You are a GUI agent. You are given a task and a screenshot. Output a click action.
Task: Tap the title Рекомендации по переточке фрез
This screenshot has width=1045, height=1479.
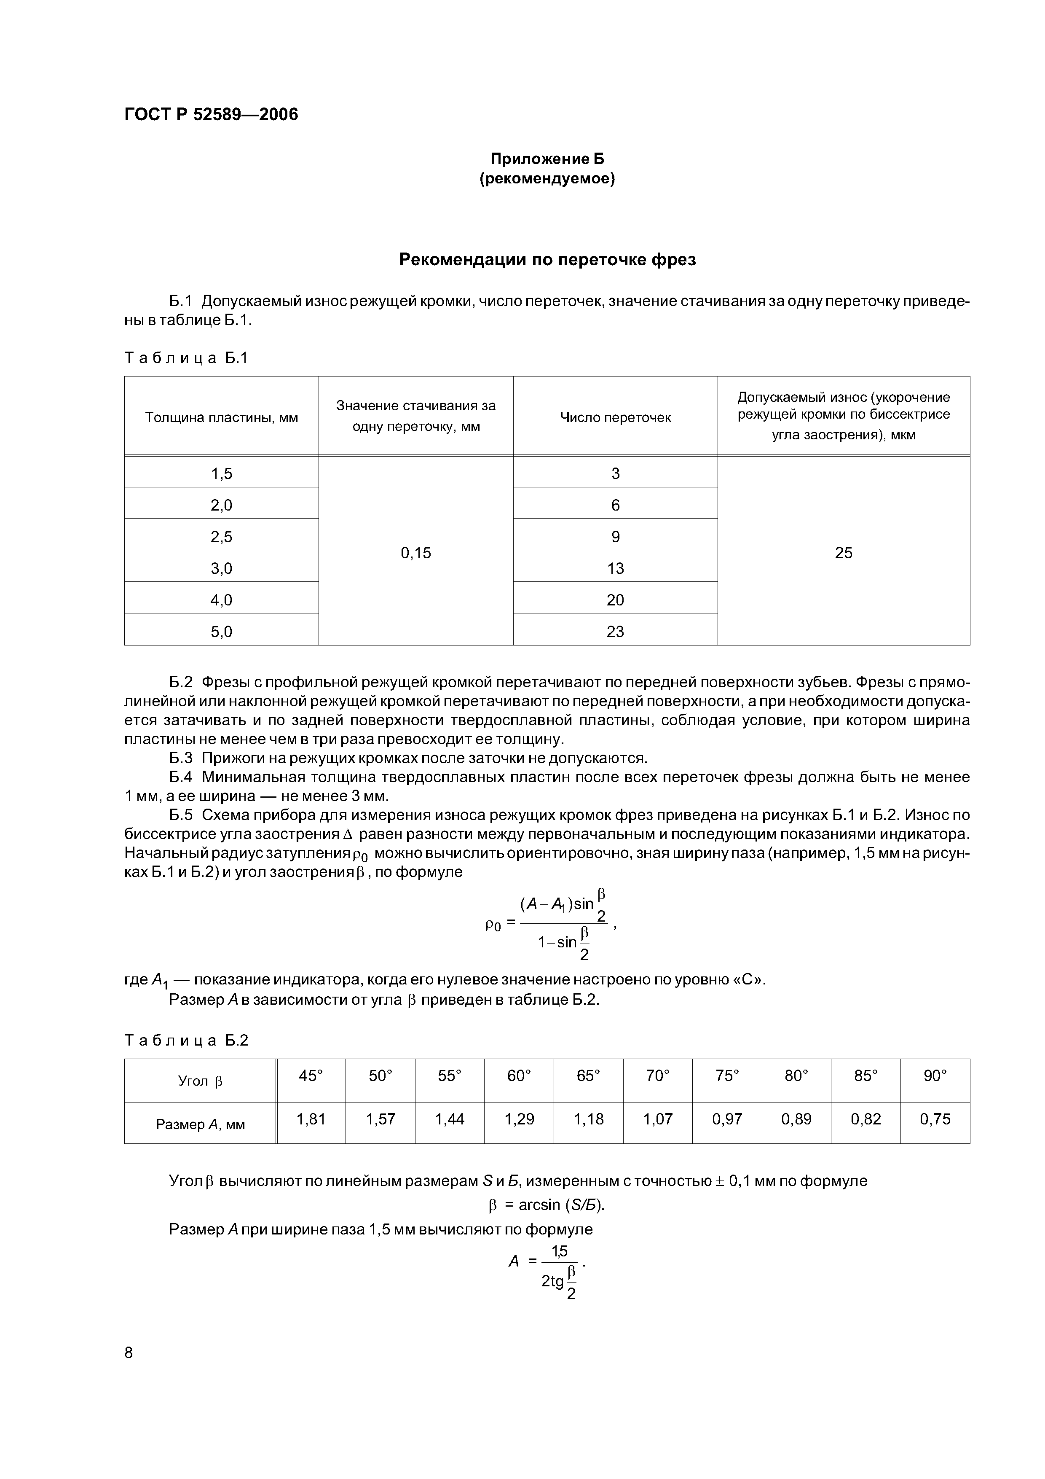pyautogui.click(x=547, y=260)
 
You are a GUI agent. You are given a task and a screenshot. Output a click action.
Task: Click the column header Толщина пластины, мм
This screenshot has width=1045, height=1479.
pyautogui.click(x=222, y=417)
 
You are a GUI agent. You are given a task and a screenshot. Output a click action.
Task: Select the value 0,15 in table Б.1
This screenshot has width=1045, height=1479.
pyautogui.click(x=416, y=553)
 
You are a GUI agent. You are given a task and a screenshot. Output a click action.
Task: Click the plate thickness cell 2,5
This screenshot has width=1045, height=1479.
pyautogui.click(x=222, y=537)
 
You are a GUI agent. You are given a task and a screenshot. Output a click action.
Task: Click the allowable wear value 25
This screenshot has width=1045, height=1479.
pyautogui.click(x=844, y=553)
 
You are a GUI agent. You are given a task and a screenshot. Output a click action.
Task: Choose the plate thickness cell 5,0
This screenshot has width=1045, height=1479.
pyautogui.click(x=222, y=631)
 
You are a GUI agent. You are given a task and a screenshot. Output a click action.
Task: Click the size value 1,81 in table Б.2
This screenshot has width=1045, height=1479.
pyautogui.click(x=311, y=1119)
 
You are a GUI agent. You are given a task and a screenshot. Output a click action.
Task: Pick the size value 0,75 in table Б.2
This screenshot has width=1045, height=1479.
pyautogui.click(x=935, y=1119)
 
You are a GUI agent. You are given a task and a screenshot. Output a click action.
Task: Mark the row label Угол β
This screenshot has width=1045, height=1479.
pyautogui.click(x=200, y=1081)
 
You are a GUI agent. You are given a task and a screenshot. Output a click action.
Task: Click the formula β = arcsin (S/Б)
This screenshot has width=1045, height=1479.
pyautogui.click(x=547, y=1205)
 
